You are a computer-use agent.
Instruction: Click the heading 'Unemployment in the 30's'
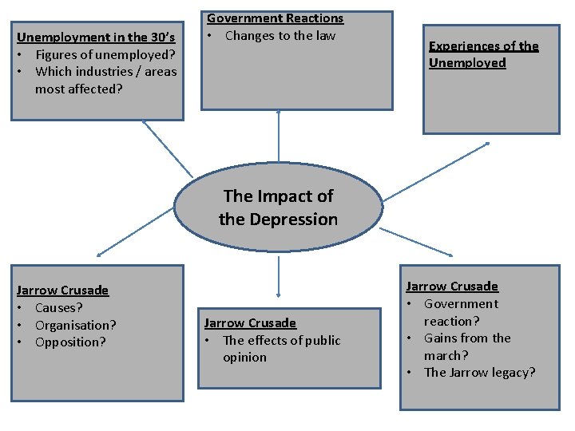96,37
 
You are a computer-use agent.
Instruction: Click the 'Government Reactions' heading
275,18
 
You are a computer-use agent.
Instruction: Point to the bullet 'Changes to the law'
280,35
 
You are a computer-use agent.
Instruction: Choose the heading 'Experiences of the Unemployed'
483,54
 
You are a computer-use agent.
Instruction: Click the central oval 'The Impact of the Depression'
278,208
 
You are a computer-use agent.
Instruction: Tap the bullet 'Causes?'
59,307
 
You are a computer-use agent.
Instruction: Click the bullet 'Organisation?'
76,325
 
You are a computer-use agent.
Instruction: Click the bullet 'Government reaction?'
461,312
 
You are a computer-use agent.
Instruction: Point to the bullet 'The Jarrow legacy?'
479,373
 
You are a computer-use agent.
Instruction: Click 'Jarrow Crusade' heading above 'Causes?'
62,290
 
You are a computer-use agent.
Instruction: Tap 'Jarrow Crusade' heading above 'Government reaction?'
451,286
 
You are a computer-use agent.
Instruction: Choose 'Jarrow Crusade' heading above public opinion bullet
250,322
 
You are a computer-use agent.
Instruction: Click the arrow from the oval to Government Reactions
279,136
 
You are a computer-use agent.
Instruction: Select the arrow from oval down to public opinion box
279,275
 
